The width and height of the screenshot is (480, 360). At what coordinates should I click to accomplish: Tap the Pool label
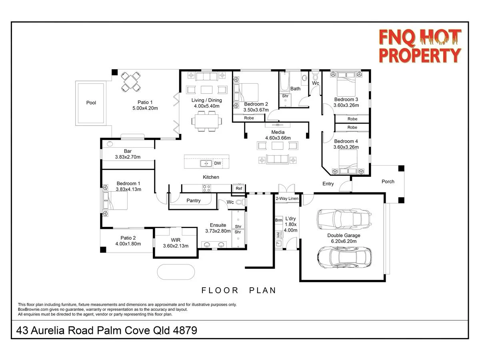point(91,103)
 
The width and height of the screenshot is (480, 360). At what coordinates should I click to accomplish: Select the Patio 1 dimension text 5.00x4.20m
point(145,108)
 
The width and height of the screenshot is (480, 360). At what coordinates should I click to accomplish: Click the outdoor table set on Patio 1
point(131,81)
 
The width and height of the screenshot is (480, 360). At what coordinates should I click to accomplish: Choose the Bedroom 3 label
point(346,99)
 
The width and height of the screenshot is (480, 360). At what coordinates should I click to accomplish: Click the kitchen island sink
point(206,163)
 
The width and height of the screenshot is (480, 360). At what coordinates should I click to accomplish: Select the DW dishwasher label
point(217,163)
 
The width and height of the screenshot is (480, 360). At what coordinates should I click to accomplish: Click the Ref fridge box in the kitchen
point(239,188)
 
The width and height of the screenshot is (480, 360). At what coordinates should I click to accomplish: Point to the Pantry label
point(194,201)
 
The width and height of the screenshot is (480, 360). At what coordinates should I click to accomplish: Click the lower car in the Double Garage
point(344,256)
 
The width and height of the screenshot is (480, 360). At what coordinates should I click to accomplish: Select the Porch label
point(388,182)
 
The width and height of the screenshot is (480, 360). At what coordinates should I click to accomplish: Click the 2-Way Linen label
point(287,198)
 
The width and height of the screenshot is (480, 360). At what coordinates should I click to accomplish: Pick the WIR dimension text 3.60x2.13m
point(176,246)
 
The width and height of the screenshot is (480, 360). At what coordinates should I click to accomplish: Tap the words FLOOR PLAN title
point(239,290)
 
